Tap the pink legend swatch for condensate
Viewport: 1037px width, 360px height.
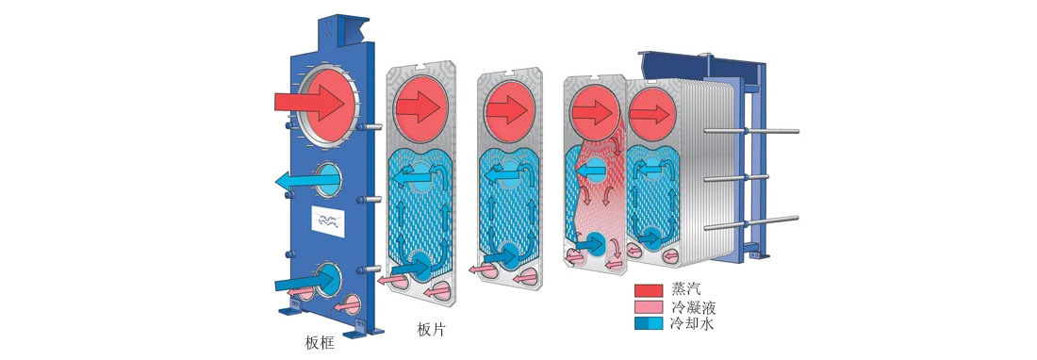[649, 307]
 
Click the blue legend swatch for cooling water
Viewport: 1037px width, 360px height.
[649, 324]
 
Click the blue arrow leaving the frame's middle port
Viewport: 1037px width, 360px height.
[302, 178]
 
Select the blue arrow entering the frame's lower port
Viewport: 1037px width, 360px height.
[304, 281]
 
